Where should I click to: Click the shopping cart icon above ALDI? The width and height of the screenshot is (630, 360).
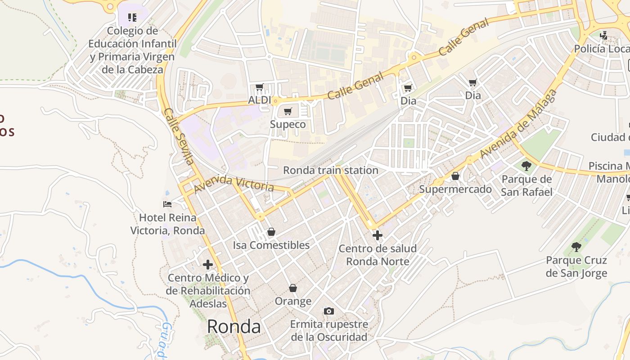259,87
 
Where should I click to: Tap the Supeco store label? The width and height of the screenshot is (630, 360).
288,124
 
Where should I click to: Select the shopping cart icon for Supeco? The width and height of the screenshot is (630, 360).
288,111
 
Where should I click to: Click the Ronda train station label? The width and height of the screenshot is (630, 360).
330,170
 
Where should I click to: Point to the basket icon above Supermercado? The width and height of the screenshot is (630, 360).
455,176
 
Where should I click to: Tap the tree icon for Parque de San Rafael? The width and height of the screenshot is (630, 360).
526,166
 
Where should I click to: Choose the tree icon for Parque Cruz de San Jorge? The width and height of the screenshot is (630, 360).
576,247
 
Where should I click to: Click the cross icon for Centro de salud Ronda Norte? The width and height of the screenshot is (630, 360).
378,235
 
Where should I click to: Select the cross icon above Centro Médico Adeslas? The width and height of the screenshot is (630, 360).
207,264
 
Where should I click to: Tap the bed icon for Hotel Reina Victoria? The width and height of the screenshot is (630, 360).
167,204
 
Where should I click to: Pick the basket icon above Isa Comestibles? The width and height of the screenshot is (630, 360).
271,232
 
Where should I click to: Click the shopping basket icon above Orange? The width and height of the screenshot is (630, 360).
293,288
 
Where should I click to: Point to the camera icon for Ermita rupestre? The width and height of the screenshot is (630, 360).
329,311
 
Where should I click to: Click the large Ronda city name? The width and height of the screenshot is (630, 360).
234,327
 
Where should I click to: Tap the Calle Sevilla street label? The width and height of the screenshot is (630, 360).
179,136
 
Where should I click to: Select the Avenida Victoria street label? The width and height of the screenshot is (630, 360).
234,183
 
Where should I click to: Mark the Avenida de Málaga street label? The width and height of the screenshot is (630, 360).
518,124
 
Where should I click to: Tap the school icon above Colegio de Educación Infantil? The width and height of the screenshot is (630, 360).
132,18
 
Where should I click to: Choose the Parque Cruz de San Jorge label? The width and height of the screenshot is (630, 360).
576,266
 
